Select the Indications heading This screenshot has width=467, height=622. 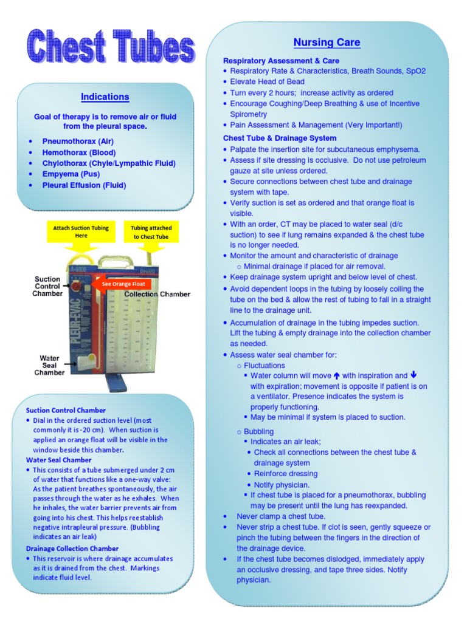(x=105, y=97)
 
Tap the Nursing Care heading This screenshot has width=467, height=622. (x=327, y=43)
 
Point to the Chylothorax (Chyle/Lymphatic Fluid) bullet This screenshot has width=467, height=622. (x=109, y=163)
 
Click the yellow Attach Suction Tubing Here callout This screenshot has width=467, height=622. (x=81, y=231)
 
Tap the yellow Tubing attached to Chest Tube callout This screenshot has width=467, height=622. (x=151, y=232)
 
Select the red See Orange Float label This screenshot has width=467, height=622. (x=122, y=284)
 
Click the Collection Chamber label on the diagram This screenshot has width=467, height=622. (x=157, y=294)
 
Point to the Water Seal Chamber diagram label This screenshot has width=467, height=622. (x=49, y=365)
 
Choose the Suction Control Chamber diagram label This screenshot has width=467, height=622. (x=47, y=286)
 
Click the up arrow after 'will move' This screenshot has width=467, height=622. (x=336, y=375)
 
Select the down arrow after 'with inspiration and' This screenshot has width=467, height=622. (x=414, y=375)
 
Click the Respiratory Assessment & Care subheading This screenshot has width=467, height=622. (x=281, y=61)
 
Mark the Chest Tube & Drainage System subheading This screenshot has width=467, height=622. (x=280, y=138)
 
